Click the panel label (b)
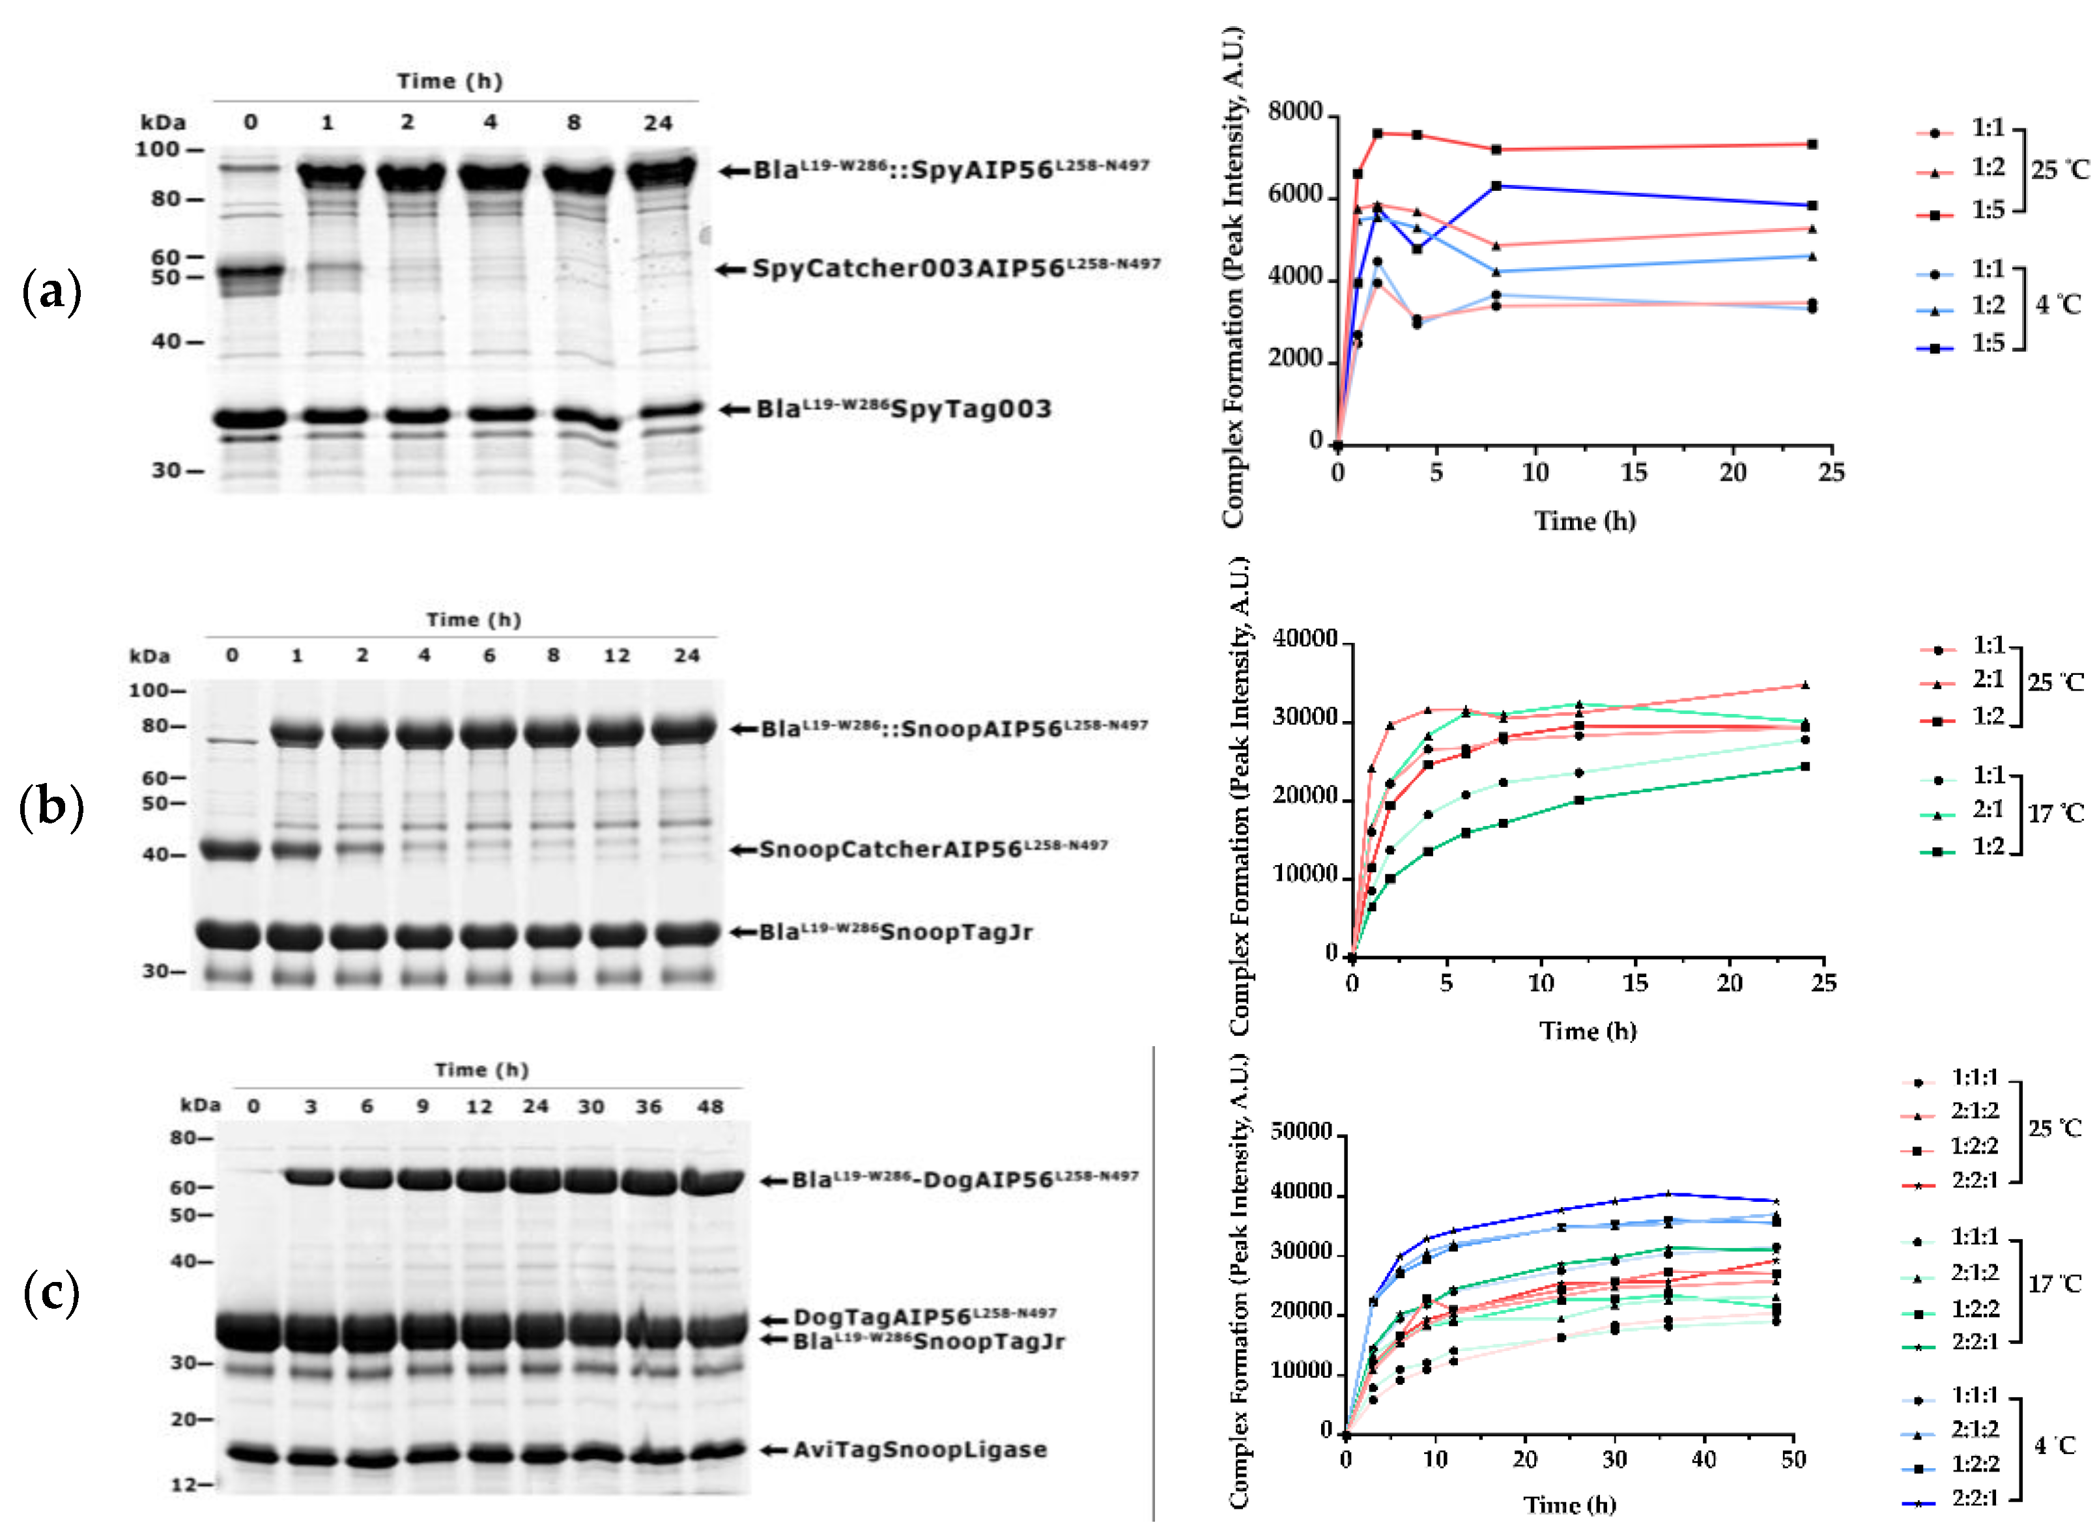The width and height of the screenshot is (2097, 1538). click(51, 806)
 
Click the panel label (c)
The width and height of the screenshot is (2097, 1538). click(51, 1293)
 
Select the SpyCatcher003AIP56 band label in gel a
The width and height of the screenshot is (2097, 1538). click(956, 268)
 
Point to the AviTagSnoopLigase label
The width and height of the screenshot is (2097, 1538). click(920, 1449)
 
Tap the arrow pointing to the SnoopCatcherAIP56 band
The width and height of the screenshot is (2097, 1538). click(742, 849)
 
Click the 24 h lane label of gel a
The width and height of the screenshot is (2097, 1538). click(657, 123)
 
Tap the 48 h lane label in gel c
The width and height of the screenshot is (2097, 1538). click(709, 1106)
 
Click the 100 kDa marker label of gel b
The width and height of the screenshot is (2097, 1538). click(150, 690)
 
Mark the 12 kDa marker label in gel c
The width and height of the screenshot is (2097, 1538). click(183, 1484)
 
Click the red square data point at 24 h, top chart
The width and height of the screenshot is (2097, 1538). click(1811, 145)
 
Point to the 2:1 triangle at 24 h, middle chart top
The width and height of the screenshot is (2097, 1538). click(1805, 685)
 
